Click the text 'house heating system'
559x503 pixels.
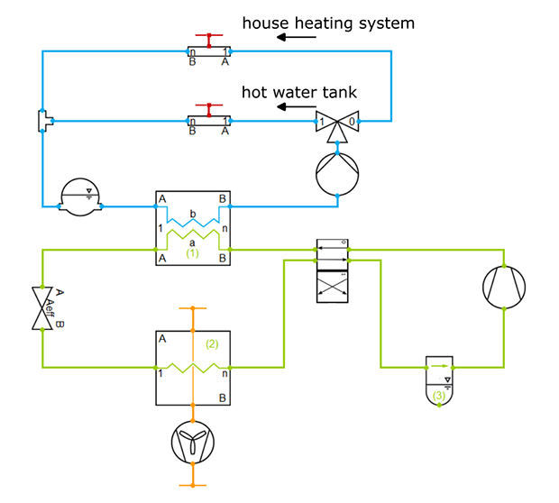click(327, 23)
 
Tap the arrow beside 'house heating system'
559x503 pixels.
click(297, 38)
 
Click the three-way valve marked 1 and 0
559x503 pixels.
click(338, 123)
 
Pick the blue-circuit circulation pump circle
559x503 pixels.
click(337, 172)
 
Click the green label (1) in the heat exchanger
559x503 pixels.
click(192, 254)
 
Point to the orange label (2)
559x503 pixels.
click(212, 343)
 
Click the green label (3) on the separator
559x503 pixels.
click(438, 395)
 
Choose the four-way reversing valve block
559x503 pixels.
click(333, 270)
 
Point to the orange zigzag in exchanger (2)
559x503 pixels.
click(193, 368)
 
